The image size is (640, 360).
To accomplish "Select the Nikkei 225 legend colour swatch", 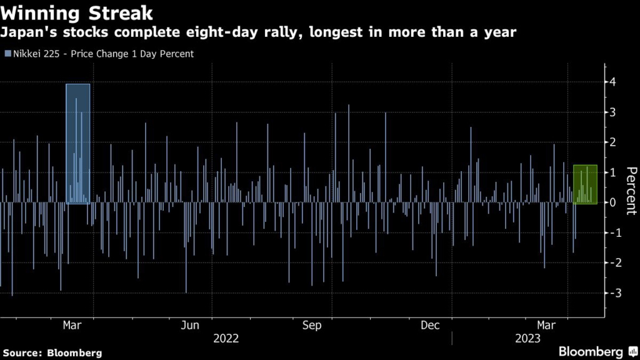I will click(x=7, y=54).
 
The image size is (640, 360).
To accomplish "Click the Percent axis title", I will click(x=631, y=191).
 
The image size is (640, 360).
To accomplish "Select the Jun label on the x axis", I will click(x=190, y=326).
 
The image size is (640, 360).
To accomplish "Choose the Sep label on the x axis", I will click(x=311, y=326).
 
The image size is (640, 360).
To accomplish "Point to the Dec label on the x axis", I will click(x=431, y=326).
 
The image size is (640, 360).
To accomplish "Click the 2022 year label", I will click(x=226, y=338).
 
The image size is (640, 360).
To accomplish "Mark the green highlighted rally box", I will click(x=585, y=184).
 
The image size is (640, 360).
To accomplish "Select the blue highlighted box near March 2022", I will click(x=78, y=143).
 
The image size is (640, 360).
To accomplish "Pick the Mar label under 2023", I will click(x=547, y=326).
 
